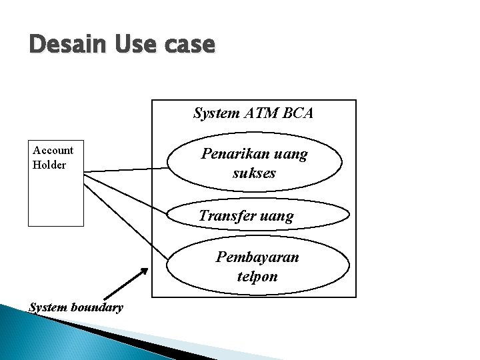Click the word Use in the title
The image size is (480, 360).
click(x=136, y=45)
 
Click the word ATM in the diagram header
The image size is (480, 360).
click(x=262, y=113)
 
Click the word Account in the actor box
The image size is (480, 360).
click(x=53, y=150)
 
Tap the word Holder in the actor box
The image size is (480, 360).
click(x=49, y=165)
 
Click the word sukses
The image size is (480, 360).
click(x=254, y=174)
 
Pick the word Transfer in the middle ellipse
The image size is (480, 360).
click(x=223, y=216)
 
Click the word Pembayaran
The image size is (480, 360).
click(x=257, y=257)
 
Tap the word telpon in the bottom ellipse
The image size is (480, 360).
click(x=257, y=276)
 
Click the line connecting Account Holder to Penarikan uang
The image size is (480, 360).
click(x=127, y=170)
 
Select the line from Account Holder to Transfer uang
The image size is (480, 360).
click(x=127, y=195)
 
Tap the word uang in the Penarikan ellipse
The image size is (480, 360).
click(x=292, y=154)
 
